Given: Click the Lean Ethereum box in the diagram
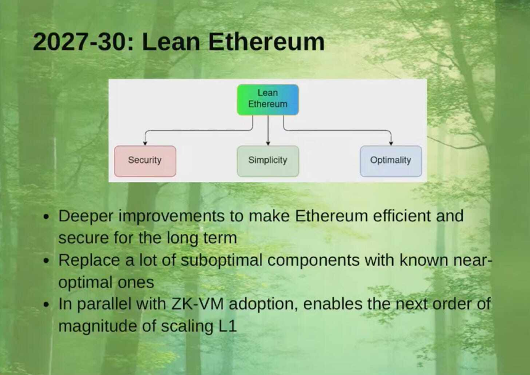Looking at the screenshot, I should [267, 99].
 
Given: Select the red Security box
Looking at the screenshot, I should [145, 160].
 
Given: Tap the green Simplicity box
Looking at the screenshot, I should [267, 160].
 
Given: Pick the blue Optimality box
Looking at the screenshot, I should [390, 160].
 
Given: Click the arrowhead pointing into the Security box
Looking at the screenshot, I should [145, 142].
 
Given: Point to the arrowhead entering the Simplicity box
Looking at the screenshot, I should [267, 142].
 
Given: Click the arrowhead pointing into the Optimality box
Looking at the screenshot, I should [391, 142].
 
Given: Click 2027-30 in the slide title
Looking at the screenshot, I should [83, 42].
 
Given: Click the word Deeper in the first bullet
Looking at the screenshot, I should [83, 216].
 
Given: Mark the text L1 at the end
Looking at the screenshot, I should [227, 326].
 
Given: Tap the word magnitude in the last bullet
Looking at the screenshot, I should [97, 326].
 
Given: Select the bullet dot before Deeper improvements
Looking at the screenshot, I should [46, 218].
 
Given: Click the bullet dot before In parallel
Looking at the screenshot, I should [46, 305].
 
